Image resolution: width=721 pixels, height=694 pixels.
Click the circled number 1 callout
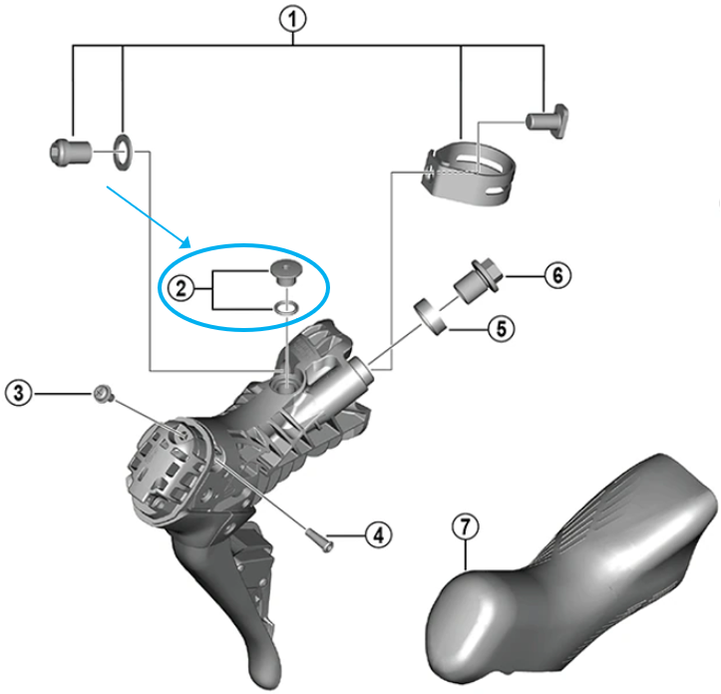tap(293, 16)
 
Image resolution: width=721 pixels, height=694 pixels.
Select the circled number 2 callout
tap(180, 290)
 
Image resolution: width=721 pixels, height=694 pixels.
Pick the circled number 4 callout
tap(376, 535)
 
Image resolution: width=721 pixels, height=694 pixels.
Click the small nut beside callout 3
tap(101, 395)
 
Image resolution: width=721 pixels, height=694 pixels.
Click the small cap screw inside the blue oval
tap(284, 271)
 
